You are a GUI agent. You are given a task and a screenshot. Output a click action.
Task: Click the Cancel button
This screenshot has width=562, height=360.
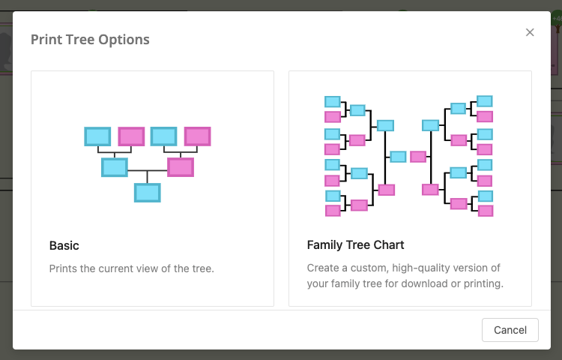(x=510, y=330)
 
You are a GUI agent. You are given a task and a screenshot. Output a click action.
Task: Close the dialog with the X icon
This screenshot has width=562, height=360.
(x=530, y=32)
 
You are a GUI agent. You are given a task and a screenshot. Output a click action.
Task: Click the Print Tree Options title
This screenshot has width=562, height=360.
(x=90, y=40)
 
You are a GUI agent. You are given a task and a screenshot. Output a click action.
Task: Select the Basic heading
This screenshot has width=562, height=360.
(x=64, y=245)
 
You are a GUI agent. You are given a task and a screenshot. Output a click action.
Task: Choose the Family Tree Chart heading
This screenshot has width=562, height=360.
(x=355, y=245)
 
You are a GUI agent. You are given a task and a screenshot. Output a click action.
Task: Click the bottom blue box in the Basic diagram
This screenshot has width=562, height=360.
(x=148, y=193)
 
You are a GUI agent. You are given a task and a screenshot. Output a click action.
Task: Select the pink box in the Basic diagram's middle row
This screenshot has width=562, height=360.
(x=181, y=167)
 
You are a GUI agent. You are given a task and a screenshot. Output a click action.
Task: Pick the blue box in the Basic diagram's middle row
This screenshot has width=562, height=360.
(x=115, y=167)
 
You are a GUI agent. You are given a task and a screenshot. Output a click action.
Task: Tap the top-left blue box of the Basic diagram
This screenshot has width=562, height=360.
(x=97, y=136)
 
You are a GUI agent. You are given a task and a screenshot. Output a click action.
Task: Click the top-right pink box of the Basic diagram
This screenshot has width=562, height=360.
(x=198, y=136)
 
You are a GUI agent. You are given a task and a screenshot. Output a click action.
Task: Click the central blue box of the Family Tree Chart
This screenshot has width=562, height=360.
(x=398, y=157)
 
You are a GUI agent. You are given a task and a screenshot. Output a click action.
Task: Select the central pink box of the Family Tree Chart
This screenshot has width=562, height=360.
(x=418, y=157)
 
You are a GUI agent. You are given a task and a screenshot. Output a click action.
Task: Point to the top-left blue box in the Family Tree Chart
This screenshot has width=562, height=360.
(x=333, y=101)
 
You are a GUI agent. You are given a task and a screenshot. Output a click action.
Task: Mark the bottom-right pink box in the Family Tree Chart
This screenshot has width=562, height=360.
(x=486, y=211)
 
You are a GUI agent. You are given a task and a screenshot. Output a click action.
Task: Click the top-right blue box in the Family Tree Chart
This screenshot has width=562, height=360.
(x=485, y=101)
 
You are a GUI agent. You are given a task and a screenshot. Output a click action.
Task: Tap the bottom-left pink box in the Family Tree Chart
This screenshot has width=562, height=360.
(x=333, y=211)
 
